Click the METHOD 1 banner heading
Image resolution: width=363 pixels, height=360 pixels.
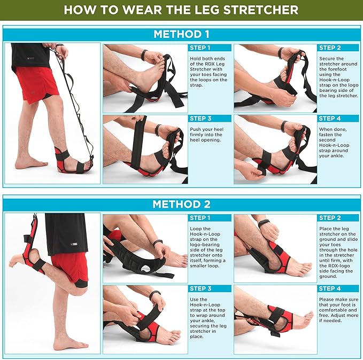click(x=181, y=34)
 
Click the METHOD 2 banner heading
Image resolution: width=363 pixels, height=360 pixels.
click(x=181, y=204)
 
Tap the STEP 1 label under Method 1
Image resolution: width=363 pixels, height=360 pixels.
click(x=200, y=48)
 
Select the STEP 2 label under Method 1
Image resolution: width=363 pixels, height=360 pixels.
click(x=329, y=48)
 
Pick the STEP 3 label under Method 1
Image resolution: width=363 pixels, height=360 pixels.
click(x=200, y=118)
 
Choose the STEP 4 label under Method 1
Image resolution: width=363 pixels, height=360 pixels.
click(x=329, y=118)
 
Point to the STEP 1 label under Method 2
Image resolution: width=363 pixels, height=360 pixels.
click(x=200, y=218)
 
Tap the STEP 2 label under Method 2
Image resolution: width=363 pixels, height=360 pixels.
click(x=329, y=218)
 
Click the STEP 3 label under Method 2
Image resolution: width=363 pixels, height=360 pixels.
click(x=200, y=288)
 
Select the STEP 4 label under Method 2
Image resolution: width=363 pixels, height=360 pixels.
click(x=329, y=288)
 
